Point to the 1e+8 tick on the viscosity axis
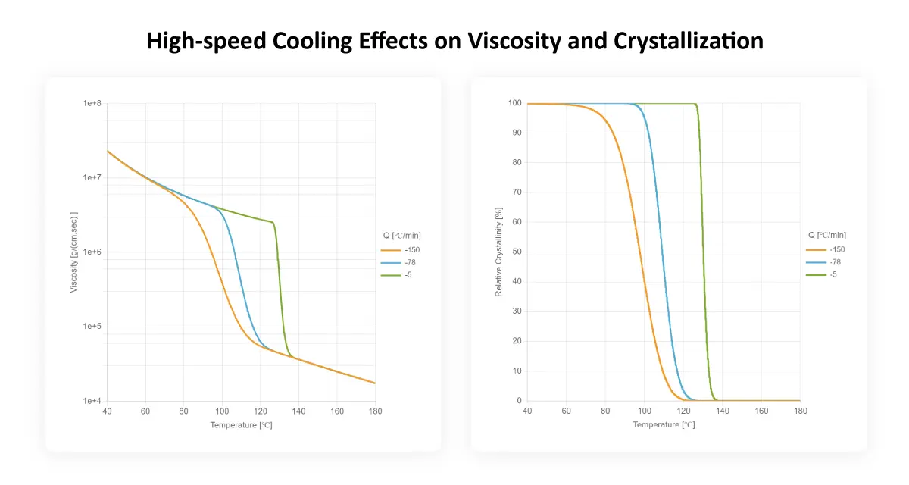coord(92,103)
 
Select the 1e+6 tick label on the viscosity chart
coord(92,252)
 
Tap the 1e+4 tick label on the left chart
coord(92,401)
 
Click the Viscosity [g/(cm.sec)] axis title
coord(74,251)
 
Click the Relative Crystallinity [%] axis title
coord(499,252)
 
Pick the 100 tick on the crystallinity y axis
coord(515,103)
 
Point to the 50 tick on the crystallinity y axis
coord(517,252)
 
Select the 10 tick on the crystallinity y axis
coord(517,371)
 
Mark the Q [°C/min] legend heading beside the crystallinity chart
coord(826,235)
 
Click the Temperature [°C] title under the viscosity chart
coord(241,425)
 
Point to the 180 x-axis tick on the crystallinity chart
coord(800,411)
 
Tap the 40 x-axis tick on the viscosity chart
coord(107,411)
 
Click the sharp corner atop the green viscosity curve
coord(273,222)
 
